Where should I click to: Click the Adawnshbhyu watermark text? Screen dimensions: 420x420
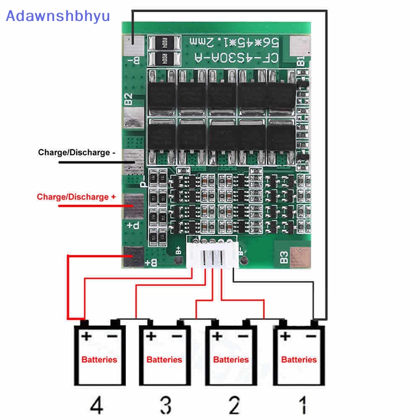[x=58, y=15]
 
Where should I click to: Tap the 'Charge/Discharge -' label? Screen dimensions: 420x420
[x=76, y=153]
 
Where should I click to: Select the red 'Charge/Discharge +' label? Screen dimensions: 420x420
[x=76, y=197]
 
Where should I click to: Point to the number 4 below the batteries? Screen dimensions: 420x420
[x=97, y=405]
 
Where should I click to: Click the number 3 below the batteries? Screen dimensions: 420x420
[x=165, y=405]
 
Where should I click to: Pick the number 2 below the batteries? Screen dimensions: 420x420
[x=234, y=405]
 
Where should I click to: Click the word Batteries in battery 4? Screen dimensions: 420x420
[x=99, y=360]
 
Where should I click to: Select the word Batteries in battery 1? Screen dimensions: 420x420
[x=299, y=360]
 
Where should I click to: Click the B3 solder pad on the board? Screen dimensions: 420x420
[x=300, y=257]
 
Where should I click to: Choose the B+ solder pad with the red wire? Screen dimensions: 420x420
[x=134, y=257]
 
